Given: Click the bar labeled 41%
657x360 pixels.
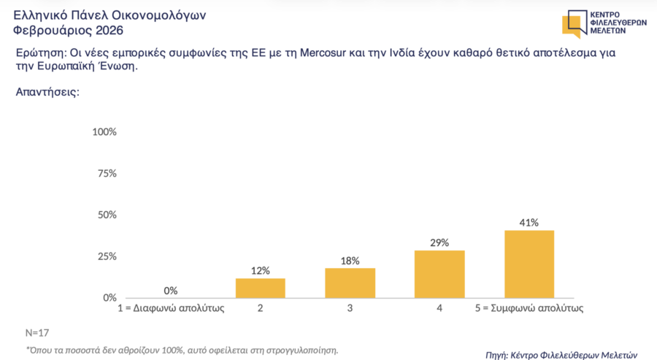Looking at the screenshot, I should pyautogui.click(x=529, y=264).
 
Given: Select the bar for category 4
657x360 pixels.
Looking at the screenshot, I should pyautogui.click(x=439, y=274).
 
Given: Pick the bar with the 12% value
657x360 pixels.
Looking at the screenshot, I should pyautogui.click(x=260, y=288).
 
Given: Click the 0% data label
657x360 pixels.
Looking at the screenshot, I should pyautogui.click(x=171, y=290).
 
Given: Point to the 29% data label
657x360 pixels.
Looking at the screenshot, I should pyautogui.click(x=439, y=242).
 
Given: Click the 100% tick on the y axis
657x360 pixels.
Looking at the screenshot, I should pyautogui.click(x=105, y=132).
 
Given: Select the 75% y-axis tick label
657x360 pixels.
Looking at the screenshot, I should pyautogui.click(x=107, y=173).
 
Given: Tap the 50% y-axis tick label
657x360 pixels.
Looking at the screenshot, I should pyautogui.click(x=107, y=215).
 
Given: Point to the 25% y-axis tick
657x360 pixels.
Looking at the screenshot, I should pyautogui.click(x=107, y=256).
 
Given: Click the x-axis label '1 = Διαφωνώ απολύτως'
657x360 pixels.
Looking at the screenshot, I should pyautogui.click(x=171, y=309).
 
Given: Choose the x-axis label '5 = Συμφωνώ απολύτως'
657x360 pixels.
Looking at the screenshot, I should pyautogui.click(x=529, y=309).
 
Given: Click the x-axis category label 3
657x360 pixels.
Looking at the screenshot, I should pyautogui.click(x=350, y=309).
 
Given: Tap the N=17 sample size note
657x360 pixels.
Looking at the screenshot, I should pyautogui.click(x=36, y=332).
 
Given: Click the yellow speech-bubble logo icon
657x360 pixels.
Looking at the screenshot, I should pyautogui.click(x=573, y=23).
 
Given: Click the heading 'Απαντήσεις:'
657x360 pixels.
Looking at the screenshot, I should pyautogui.click(x=47, y=93).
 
